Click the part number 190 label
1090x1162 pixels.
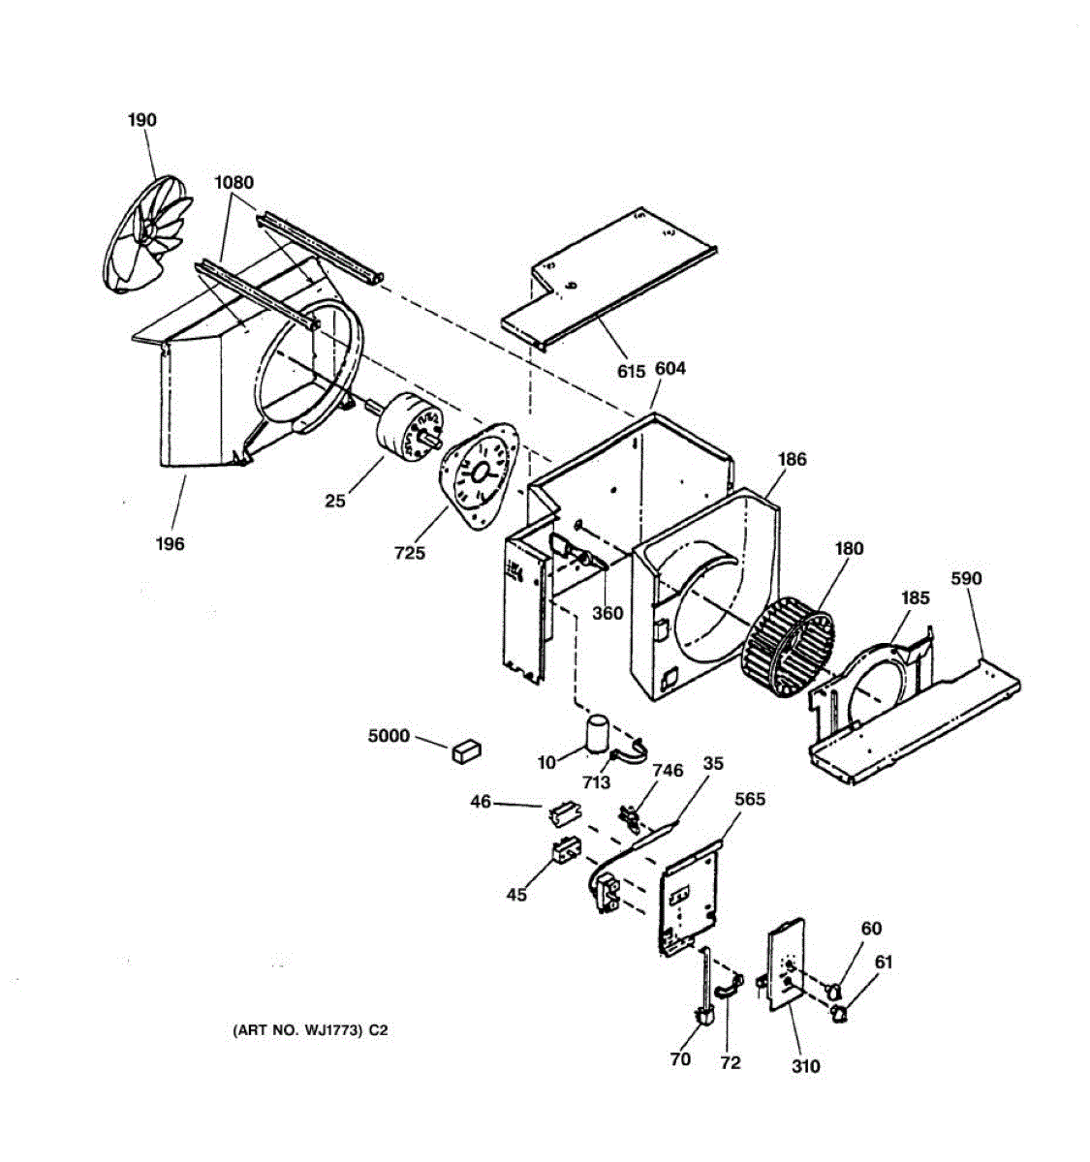tap(141, 121)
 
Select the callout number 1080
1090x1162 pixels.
tap(234, 182)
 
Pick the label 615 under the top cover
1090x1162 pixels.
tap(631, 371)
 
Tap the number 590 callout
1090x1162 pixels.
tap(966, 579)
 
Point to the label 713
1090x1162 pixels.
tap(597, 782)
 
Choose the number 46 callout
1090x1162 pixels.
tap(482, 802)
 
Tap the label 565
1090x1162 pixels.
tap(750, 799)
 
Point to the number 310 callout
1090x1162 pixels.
tap(805, 1066)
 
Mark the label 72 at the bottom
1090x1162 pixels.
tap(731, 1062)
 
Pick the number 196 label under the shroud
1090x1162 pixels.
tap(170, 544)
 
